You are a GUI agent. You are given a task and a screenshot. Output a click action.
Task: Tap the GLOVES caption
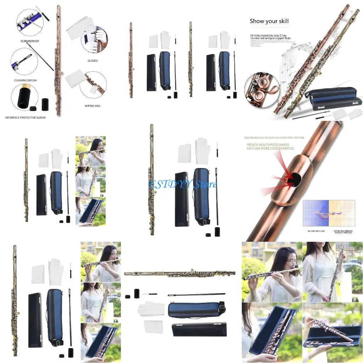tap(92, 61)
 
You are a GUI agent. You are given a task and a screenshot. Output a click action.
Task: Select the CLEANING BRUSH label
tap(25, 80)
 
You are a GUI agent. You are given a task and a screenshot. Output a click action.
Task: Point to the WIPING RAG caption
tap(92, 106)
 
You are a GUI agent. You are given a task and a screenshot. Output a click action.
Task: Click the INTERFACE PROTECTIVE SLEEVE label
tap(25, 117)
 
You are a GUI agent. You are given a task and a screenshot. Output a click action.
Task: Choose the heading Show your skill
tap(269, 21)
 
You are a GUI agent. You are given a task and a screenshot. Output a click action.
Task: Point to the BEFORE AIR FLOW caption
tap(316, 231)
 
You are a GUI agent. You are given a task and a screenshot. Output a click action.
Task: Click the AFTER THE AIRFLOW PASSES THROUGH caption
tap(343, 232)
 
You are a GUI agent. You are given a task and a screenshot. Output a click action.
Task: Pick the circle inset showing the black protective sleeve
tap(24, 98)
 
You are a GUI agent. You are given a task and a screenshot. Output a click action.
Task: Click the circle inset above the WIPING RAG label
tap(93, 85)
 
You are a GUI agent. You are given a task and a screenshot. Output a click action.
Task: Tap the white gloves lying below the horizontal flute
tap(151, 308)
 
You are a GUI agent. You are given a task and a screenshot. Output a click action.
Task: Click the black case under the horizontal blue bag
tap(199, 330)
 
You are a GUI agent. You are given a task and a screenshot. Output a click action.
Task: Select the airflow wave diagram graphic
tap(329, 213)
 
